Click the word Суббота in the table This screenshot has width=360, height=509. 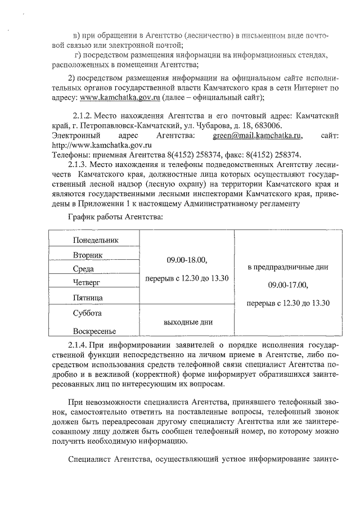87,312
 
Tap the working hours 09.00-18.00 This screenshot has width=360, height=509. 187,260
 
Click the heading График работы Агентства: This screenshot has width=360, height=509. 115,217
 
